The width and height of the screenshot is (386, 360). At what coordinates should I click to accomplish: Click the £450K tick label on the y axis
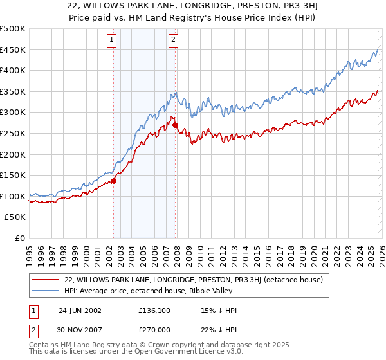(14, 50)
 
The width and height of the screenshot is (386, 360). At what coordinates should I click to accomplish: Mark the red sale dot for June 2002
(114, 181)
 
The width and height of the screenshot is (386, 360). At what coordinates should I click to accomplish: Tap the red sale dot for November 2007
(176, 125)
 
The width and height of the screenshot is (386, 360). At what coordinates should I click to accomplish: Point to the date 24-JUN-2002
(80, 310)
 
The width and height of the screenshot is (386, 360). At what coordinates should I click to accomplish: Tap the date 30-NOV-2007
(80, 330)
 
